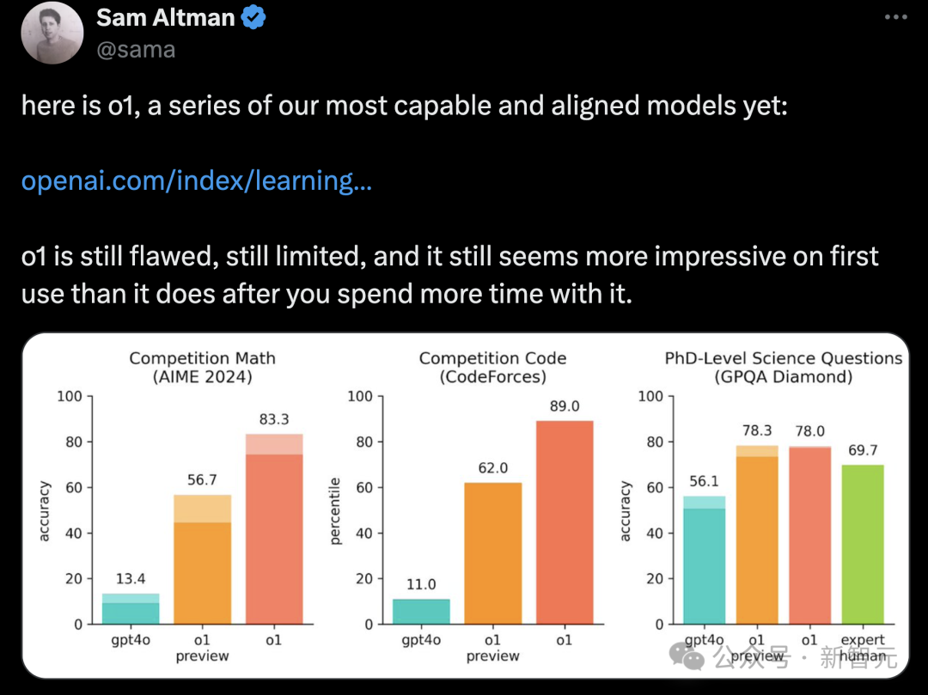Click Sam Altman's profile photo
click(52, 33)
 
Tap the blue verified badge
click(253, 18)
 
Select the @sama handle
click(136, 50)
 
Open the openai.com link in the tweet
click(196, 181)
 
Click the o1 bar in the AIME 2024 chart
click(274, 533)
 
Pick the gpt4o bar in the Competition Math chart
click(131, 609)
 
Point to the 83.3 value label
click(274, 419)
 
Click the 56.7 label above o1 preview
click(202, 479)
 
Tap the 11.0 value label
click(421, 584)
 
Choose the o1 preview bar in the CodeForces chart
click(492, 553)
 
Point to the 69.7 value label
click(862, 450)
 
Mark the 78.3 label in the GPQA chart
click(756, 430)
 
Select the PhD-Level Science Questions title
click(783, 358)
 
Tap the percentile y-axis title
click(336, 511)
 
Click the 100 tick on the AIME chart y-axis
click(70, 396)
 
